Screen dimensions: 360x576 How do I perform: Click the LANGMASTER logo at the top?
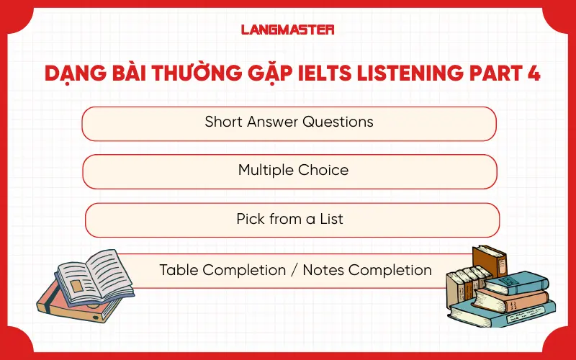287,30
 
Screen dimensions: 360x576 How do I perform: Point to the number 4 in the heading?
532,75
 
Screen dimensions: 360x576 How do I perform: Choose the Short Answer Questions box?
289,123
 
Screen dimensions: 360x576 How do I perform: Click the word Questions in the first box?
338,122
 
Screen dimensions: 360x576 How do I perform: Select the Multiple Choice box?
289,171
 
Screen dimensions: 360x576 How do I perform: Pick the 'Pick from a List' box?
292,220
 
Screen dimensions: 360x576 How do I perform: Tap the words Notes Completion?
367,271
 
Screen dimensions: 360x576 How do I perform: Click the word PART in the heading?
492,75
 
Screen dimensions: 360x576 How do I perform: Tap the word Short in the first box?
222,122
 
